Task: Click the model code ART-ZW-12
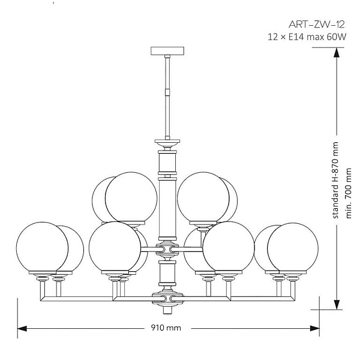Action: coord(317,25)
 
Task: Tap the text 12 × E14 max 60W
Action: coord(307,37)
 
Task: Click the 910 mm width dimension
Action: coord(166,328)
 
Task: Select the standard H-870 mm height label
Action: coord(335,180)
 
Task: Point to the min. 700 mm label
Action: coord(348,193)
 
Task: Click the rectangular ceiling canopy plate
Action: coord(167,51)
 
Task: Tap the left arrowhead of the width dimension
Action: coord(22,329)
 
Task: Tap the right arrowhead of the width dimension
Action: coord(315,329)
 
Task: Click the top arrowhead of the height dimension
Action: coord(337,52)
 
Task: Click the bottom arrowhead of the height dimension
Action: coord(337,305)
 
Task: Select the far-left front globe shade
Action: coord(42,248)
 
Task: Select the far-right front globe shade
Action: coord(293,248)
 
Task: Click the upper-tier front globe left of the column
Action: coord(131,198)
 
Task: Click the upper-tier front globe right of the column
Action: coord(203,198)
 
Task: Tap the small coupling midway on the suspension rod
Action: coord(167,92)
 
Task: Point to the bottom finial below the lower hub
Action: coord(167,310)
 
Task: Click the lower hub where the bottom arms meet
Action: coord(167,298)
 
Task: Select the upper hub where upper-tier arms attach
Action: coord(167,249)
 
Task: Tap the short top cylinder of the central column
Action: coord(167,163)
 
